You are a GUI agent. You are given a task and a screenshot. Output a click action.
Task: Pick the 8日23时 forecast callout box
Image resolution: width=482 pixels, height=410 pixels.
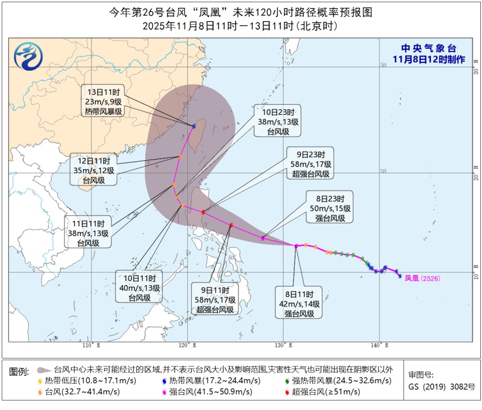pyautogui.click(x=330, y=208)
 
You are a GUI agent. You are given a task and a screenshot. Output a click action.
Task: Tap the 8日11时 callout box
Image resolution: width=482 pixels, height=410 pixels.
pyautogui.click(x=298, y=303)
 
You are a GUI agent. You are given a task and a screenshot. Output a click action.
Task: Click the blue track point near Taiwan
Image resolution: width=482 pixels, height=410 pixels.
pyautogui.click(x=194, y=127)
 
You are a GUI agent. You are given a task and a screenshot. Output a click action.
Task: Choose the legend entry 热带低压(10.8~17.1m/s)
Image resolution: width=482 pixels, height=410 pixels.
pyautogui.click(x=78, y=381)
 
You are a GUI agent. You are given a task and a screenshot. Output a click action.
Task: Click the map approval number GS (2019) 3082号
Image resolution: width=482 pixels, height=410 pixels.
pyautogui.click(x=442, y=387)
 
